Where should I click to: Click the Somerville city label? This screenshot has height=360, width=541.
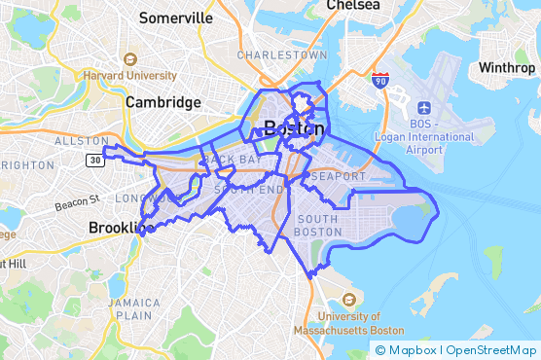point(175,18)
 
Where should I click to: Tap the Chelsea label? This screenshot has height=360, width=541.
point(352,5)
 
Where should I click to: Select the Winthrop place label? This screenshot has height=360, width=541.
point(506,68)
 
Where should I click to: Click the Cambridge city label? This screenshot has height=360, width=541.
point(162,102)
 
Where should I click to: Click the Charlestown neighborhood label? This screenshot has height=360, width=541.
point(282,55)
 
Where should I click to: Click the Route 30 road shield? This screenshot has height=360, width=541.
point(93,160)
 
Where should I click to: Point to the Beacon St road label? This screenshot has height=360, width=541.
point(77,204)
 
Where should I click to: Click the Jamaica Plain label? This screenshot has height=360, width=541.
point(134,307)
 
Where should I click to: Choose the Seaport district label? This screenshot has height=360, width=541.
point(340,176)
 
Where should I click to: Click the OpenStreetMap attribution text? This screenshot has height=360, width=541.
point(492,349)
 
